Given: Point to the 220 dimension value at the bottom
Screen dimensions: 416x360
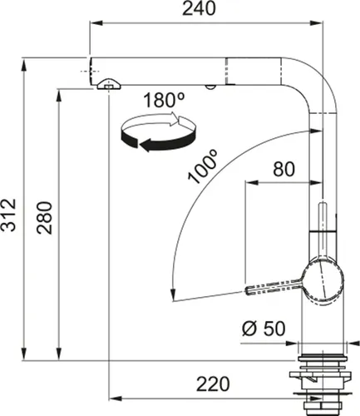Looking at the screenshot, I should (x=213, y=384).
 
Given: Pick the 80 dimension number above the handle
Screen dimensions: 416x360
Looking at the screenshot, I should (x=284, y=170).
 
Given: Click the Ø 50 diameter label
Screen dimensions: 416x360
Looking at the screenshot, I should (x=264, y=328).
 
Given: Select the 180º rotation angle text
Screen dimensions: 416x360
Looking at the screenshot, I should (x=164, y=101).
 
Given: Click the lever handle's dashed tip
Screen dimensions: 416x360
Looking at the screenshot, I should (x=254, y=289).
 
